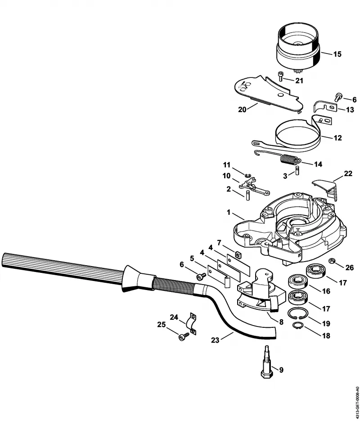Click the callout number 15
337,54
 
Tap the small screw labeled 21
281,76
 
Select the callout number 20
242,109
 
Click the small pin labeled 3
297,170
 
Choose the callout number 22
348,174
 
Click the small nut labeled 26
332,260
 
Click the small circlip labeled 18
297,325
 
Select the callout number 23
215,340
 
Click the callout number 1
229,213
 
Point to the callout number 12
337,138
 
